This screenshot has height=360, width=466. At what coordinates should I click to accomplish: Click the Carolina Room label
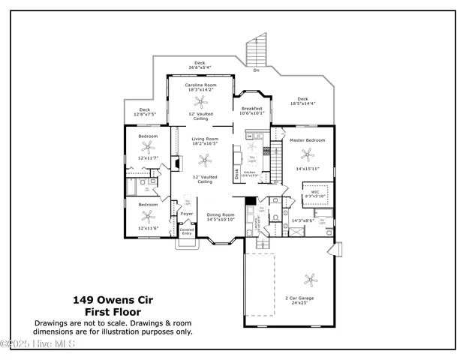tap(200, 85)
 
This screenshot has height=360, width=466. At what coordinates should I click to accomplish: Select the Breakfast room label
tap(252, 109)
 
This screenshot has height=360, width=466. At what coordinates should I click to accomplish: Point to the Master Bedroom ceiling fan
tap(306, 154)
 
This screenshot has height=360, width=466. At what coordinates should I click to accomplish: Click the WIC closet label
tap(316, 192)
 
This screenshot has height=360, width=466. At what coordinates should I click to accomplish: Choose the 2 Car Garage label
tap(300, 298)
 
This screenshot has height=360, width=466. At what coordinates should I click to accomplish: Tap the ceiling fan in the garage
tap(310, 280)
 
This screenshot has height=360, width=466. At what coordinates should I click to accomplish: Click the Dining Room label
tap(221, 215)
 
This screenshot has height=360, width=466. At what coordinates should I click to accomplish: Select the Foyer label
tap(187, 214)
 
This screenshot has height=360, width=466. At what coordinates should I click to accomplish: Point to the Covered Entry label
tap(186, 232)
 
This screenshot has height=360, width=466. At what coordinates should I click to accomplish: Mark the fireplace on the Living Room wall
tap(174, 163)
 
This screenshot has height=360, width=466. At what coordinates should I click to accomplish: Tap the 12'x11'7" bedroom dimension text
tap(148, 158)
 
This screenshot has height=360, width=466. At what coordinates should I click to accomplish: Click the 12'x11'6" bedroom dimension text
tap(148, 227)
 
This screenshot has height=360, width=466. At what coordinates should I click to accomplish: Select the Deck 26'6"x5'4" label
tap(200, 64)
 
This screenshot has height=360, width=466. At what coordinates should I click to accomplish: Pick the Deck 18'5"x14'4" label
tap(302, 100)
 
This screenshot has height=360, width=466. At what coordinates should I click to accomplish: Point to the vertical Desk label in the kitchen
tap(236, 173)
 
